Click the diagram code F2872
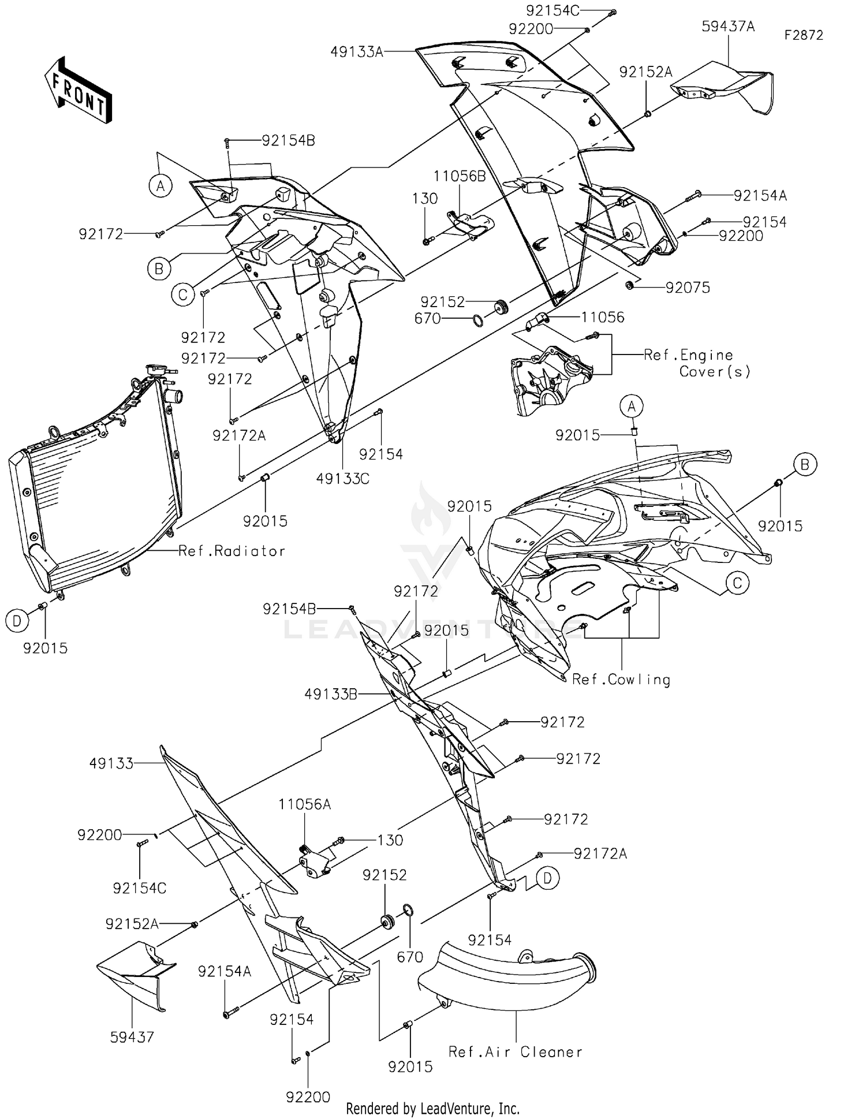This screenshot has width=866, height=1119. click(x=803, y=35)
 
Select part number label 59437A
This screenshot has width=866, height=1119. click(x=728, y=27)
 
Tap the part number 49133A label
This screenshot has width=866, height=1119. click(x=356, y=52)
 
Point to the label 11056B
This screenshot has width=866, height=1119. click(x=460, y=176)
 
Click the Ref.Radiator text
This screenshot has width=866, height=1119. click(x=232, y=551)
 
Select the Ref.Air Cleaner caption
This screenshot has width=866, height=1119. click(x=515, y=1051)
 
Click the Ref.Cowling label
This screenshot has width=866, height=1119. click(x=621, y=679)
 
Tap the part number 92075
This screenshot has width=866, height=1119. click(x=688, y=288)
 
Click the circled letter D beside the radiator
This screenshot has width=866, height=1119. click(x=17, y=621)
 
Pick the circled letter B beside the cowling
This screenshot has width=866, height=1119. click(x=805, y=464)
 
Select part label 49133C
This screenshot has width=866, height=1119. click(x=343, y=478)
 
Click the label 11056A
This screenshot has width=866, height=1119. click(x=304, y=804)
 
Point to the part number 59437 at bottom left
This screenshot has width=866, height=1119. click(x=132, y=1037)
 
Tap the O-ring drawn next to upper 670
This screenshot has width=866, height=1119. click(x=479, y=319)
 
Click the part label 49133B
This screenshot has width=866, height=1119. click(x=331, y=694)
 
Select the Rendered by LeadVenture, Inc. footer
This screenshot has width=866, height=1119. click(x=432, y=1108)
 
